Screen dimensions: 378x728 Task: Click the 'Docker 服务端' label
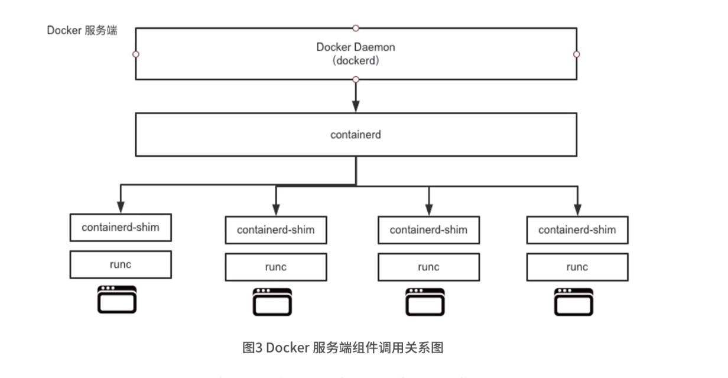[82, 31]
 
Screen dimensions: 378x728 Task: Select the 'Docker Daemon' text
[356, 47]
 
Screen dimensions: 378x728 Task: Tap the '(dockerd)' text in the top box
[356, 60]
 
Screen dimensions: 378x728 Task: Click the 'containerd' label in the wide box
[356, 135]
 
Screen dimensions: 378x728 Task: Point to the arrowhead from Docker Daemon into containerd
[356, 106]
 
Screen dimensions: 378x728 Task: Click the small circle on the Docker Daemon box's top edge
[356, 28]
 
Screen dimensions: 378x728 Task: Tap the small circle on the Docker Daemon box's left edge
[136, 54]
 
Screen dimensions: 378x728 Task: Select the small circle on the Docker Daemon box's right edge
[577, 54]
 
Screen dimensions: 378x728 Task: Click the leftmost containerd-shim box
[121, 227]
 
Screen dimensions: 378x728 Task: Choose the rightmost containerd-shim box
[577, 230]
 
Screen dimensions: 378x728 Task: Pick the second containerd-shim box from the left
[276, 230]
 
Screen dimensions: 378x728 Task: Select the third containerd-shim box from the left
[428, 230]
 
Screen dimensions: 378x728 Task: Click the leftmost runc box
[121, 264]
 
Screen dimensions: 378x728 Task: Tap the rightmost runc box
[577, 267]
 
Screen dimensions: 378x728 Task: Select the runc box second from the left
[276, 267]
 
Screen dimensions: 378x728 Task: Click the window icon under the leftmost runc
[117, 299]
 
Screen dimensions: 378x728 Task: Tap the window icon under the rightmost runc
[573, 302]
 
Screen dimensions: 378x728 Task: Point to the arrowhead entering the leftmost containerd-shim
[121, 207]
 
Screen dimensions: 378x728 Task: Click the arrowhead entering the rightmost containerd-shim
[577, 209]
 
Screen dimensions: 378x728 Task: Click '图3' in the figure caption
[253, 348]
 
